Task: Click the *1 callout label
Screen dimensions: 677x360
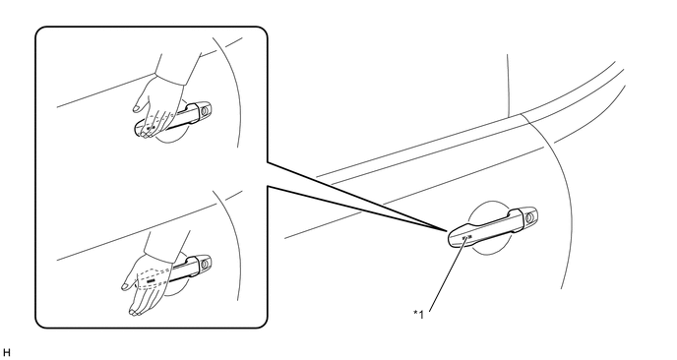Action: click(x=419, y=314)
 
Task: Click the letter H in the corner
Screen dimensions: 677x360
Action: click(x=6, y=353)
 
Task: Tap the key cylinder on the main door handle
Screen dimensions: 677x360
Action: click(x=530, y=215)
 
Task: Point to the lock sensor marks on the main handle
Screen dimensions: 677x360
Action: click(x=466, y=237)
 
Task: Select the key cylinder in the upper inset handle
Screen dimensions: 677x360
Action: click(x=205, y=110)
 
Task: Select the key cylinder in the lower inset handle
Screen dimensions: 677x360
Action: click(x=205, y=262)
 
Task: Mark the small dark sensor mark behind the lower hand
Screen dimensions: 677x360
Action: click(x=151, y=281)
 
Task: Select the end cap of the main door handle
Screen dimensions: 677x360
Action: click(x=529, y=216)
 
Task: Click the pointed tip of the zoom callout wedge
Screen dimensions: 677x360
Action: click(x=447, y=230)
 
